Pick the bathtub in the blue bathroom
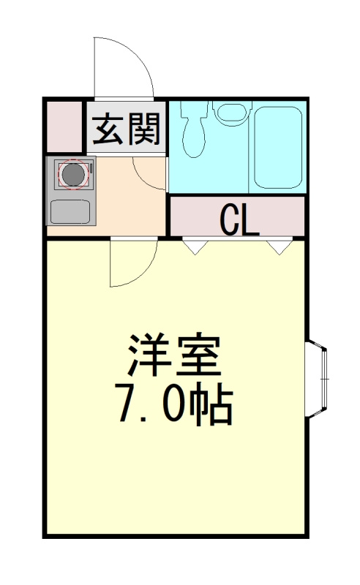click(x=277, y=146)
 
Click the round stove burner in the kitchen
click(x=72, y=175)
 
